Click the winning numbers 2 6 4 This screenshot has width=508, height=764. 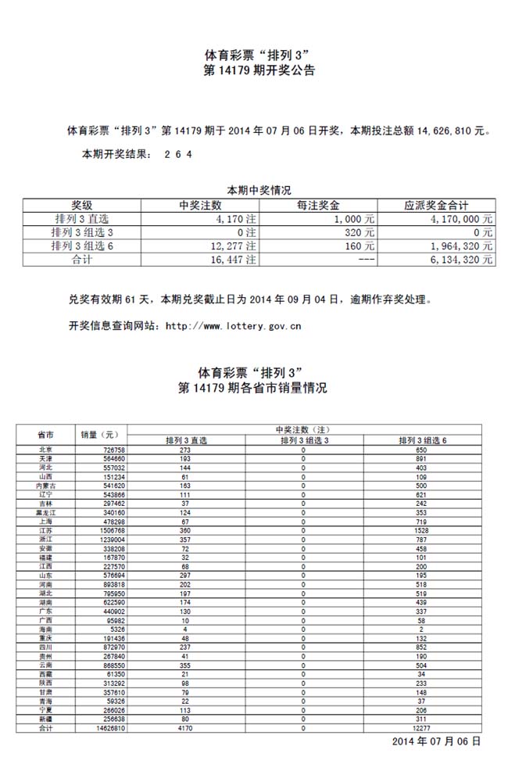177,154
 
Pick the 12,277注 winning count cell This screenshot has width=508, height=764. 233,246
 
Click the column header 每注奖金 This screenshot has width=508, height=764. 317,206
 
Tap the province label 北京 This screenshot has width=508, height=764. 45,450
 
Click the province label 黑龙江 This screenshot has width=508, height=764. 45,512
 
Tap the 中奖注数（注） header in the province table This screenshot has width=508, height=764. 304,430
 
